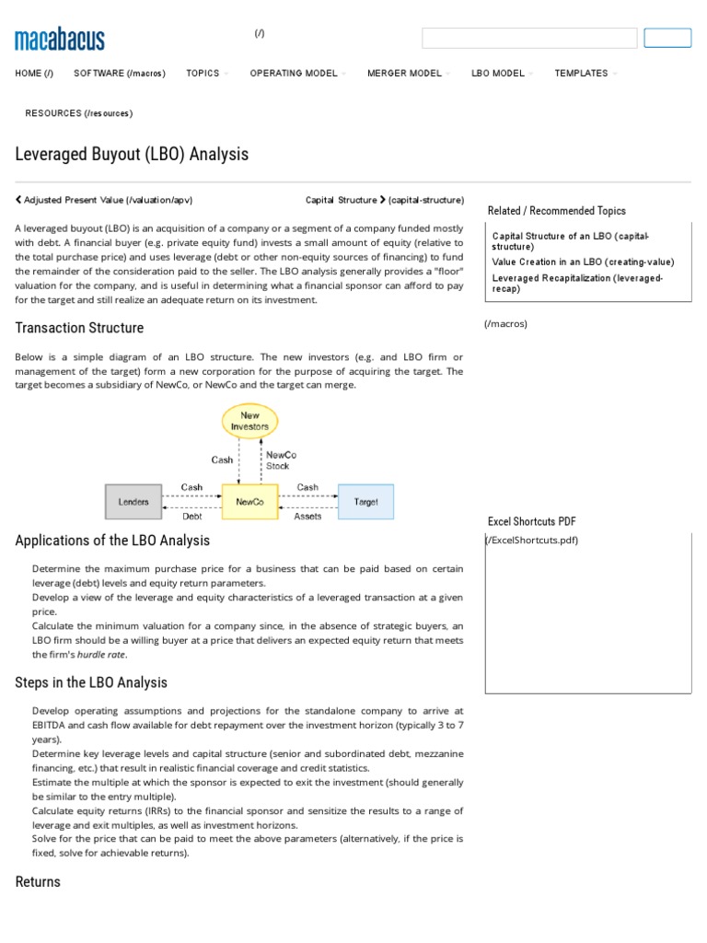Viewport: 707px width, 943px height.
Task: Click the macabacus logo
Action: click(60, 40)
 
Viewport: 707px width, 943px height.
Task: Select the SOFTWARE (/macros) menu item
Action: click(120, 74)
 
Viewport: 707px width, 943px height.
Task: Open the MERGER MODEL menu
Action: click(404, 74)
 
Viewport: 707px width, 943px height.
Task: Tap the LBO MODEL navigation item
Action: click(498, 74)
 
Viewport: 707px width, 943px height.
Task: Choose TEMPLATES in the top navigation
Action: click(581, 74)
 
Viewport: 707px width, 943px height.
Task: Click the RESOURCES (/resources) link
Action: click(79, 113)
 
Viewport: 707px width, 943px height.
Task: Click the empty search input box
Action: click(529, 39)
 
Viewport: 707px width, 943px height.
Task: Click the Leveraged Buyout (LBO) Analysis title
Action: click(132, 154)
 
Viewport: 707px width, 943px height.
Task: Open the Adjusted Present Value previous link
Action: click(104, 200)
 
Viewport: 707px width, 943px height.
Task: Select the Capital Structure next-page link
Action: click(385, 200)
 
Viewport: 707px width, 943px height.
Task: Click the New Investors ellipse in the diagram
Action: click(249, 421)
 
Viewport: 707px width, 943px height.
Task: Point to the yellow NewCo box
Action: click(249, 502)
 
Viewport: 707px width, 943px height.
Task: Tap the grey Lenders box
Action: click(133, 502)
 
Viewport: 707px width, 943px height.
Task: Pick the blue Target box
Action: click(365, 502)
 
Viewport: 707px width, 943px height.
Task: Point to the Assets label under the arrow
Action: click(307, 517)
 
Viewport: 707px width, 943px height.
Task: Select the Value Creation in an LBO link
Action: click(583, 262)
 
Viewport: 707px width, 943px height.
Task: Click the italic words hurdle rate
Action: click(101, 655)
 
